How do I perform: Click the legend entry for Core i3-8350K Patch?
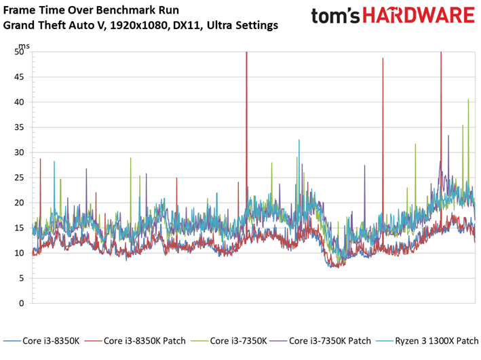point(135,341)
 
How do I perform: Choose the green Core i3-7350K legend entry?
point(229,341)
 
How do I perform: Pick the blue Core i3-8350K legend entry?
point(41,341)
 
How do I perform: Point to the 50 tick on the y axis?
point(19,52)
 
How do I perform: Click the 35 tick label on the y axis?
point(19,127)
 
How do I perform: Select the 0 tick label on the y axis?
point(21,303)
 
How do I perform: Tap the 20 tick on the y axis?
point(19,203)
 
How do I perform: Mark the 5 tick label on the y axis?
point(21,278)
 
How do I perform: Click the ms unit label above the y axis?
point(24,46)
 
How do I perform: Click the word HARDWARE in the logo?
point(419,16)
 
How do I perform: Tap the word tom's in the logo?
point(335,16)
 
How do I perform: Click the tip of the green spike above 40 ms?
point(468,100)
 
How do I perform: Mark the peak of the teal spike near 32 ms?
point(299,140)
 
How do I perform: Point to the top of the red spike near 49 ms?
point(383,58)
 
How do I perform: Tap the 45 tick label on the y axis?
point(19,77)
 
